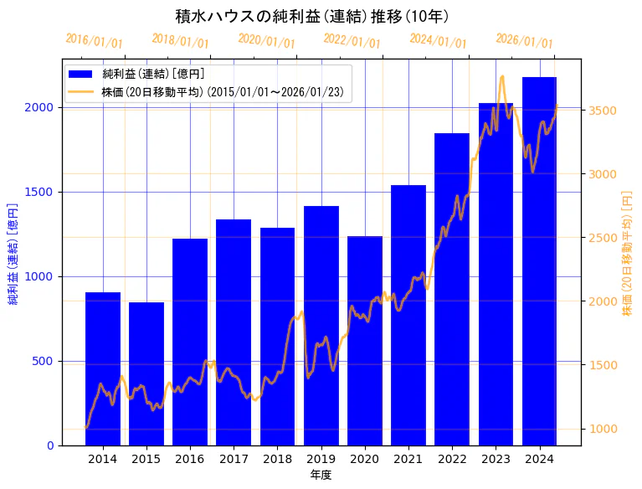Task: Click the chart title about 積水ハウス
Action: (x=311, y=16)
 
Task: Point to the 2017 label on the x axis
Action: (x=234, y=459)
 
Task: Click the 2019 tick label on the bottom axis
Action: (x=321, y=459)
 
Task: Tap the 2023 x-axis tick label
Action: (x=496, y=459)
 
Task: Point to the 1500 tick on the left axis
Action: (x=41, y=192)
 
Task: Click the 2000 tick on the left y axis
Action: (x=41, y=107)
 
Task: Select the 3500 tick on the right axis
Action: (x=604, y=111)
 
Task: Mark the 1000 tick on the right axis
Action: (x=604, y=429)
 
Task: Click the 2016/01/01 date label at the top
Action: (x=95, y=41)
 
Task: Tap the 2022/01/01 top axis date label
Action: (x=352, y=41)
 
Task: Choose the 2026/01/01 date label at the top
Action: (x=524, y=41)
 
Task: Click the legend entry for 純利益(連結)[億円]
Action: (x=159, y=75)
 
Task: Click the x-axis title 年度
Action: (x=321, y=475)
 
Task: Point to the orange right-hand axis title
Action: (x=627, y=252)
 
